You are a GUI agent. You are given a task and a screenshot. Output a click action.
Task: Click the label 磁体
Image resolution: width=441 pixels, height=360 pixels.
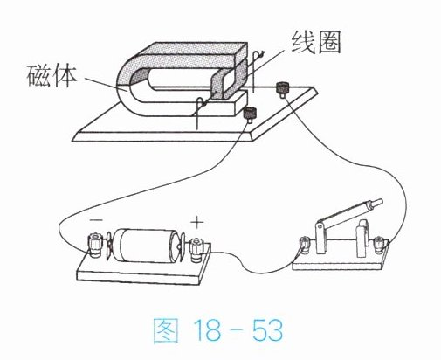coord(52,76)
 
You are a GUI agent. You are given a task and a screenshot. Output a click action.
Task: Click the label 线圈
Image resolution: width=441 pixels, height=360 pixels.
coord(316,43)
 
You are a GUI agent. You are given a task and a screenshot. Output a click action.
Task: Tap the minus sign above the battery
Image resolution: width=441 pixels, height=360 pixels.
coord(96,220)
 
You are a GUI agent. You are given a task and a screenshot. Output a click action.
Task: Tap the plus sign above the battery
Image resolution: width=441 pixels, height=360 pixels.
coord(197,223)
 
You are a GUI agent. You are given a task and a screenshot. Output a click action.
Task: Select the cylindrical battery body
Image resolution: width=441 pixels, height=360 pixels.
coord(145,245)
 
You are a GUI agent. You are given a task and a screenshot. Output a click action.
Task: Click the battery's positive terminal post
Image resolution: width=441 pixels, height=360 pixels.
coord(197,250)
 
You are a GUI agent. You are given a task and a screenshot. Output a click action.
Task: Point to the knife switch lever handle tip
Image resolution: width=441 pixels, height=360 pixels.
coord(377,202)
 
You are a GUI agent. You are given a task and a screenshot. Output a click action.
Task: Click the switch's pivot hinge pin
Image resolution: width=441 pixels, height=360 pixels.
coord(320,226)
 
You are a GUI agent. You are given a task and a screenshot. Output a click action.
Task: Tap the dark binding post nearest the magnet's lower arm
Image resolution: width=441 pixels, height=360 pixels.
coord(251,114)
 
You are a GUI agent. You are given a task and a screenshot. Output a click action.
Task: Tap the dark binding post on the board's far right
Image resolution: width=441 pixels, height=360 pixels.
coord(282,88)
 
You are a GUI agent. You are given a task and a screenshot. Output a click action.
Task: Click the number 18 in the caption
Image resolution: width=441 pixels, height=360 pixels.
coord(207,329)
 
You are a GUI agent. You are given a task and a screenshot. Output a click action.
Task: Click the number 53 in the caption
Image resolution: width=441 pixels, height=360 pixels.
coord(267,329)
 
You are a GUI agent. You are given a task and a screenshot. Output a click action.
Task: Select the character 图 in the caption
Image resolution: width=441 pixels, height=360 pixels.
coord(166,330)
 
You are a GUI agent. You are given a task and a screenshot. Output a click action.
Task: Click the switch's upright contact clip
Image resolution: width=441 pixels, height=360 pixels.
coord(362,239)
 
